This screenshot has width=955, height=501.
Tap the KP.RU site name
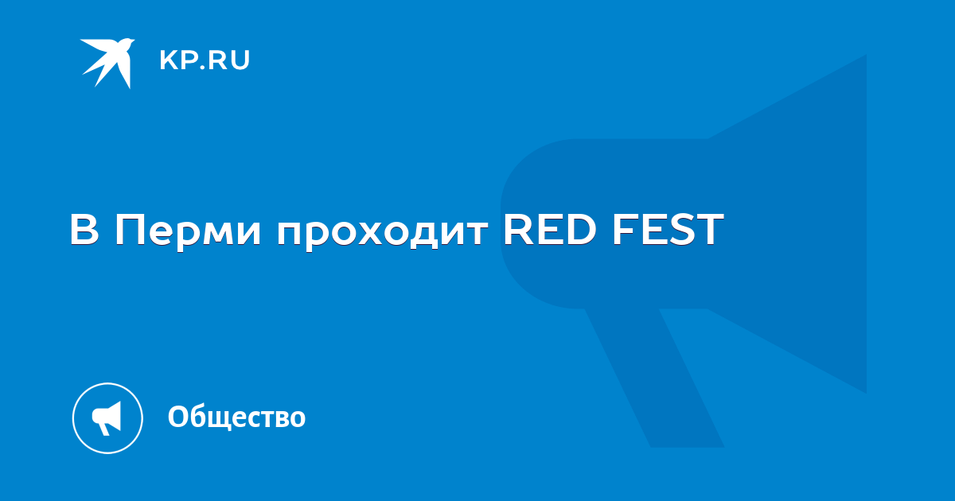click(x=205, y=60)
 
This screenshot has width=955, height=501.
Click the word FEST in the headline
click(x=668, y=229)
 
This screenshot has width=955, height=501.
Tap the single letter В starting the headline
click(x=84, y=230)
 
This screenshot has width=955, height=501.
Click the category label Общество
click(x=236, y=417)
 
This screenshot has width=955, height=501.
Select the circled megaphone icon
click(x=107, y=418)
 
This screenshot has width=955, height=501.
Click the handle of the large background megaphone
click(x=654, y=378)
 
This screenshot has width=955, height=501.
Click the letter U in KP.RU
click(x=240, y=60)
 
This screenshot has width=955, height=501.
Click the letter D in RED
click(x=579, y=229)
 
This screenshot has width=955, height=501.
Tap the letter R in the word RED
click(x=518, y=229)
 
